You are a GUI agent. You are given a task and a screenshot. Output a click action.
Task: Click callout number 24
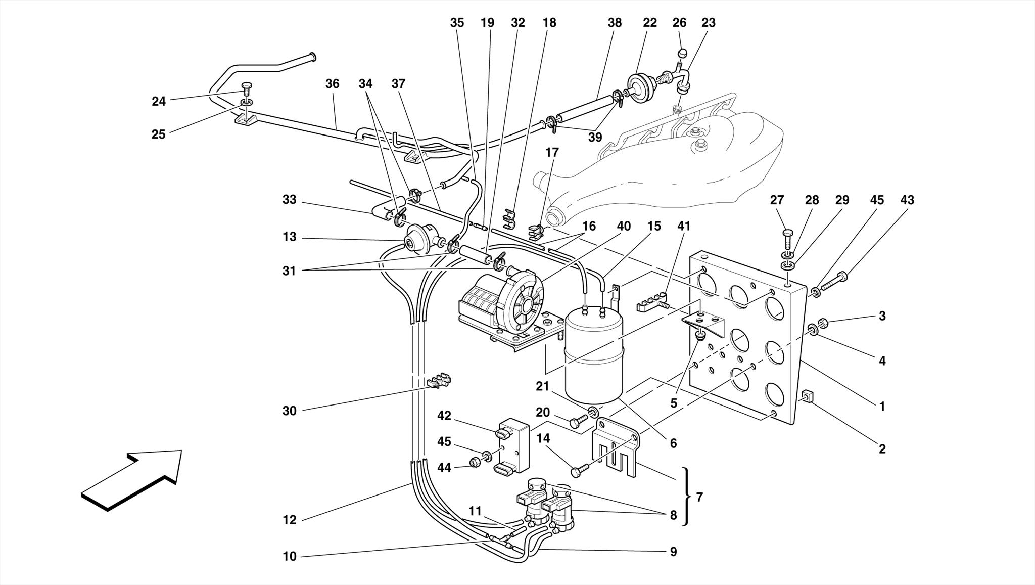(159, 102)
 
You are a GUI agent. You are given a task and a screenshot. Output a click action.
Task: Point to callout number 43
(907, 200)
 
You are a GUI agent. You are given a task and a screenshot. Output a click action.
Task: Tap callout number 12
(289, 520)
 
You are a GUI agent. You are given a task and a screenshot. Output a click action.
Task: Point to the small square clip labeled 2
(807, 397)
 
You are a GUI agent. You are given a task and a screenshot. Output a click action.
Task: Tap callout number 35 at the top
(457, 23)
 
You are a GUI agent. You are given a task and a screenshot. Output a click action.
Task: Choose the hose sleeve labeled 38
(581, 110)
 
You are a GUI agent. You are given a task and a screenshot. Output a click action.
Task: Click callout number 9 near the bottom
(673, 552)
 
